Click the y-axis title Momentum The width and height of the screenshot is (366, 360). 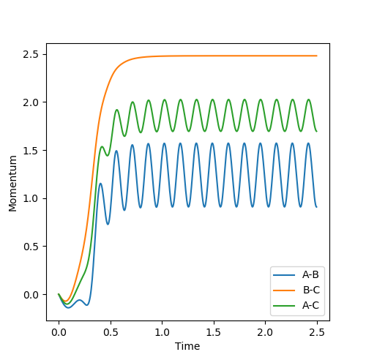point(12,184)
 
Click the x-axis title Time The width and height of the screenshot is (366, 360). point(187,346)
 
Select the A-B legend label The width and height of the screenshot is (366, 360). point(310,274)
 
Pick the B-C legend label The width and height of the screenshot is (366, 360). point(311,290)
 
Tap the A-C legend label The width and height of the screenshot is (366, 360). point(310,305)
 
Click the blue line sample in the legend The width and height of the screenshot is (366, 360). point(284,275)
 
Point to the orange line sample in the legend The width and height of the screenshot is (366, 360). point(284,290)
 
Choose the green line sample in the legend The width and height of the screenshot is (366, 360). point(284,306)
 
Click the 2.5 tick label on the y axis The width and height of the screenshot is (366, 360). point(31,54)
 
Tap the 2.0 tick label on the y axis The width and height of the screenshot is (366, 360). point(31,102)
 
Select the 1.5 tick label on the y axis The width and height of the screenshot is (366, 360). point(31,151)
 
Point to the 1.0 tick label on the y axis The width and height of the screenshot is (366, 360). point(31,198)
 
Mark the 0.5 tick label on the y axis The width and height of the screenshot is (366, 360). point(31,247)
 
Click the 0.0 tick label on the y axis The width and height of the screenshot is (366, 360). point(31,295)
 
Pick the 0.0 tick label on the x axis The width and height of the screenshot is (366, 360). point(59,332)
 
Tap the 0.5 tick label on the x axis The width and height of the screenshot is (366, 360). point(111,332)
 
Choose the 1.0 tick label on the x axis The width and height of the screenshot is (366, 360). point(163,332)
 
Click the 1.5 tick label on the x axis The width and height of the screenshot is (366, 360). point(214,332)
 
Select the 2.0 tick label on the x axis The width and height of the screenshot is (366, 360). point(266,332)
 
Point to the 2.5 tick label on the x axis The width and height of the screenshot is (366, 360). point(317,332)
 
